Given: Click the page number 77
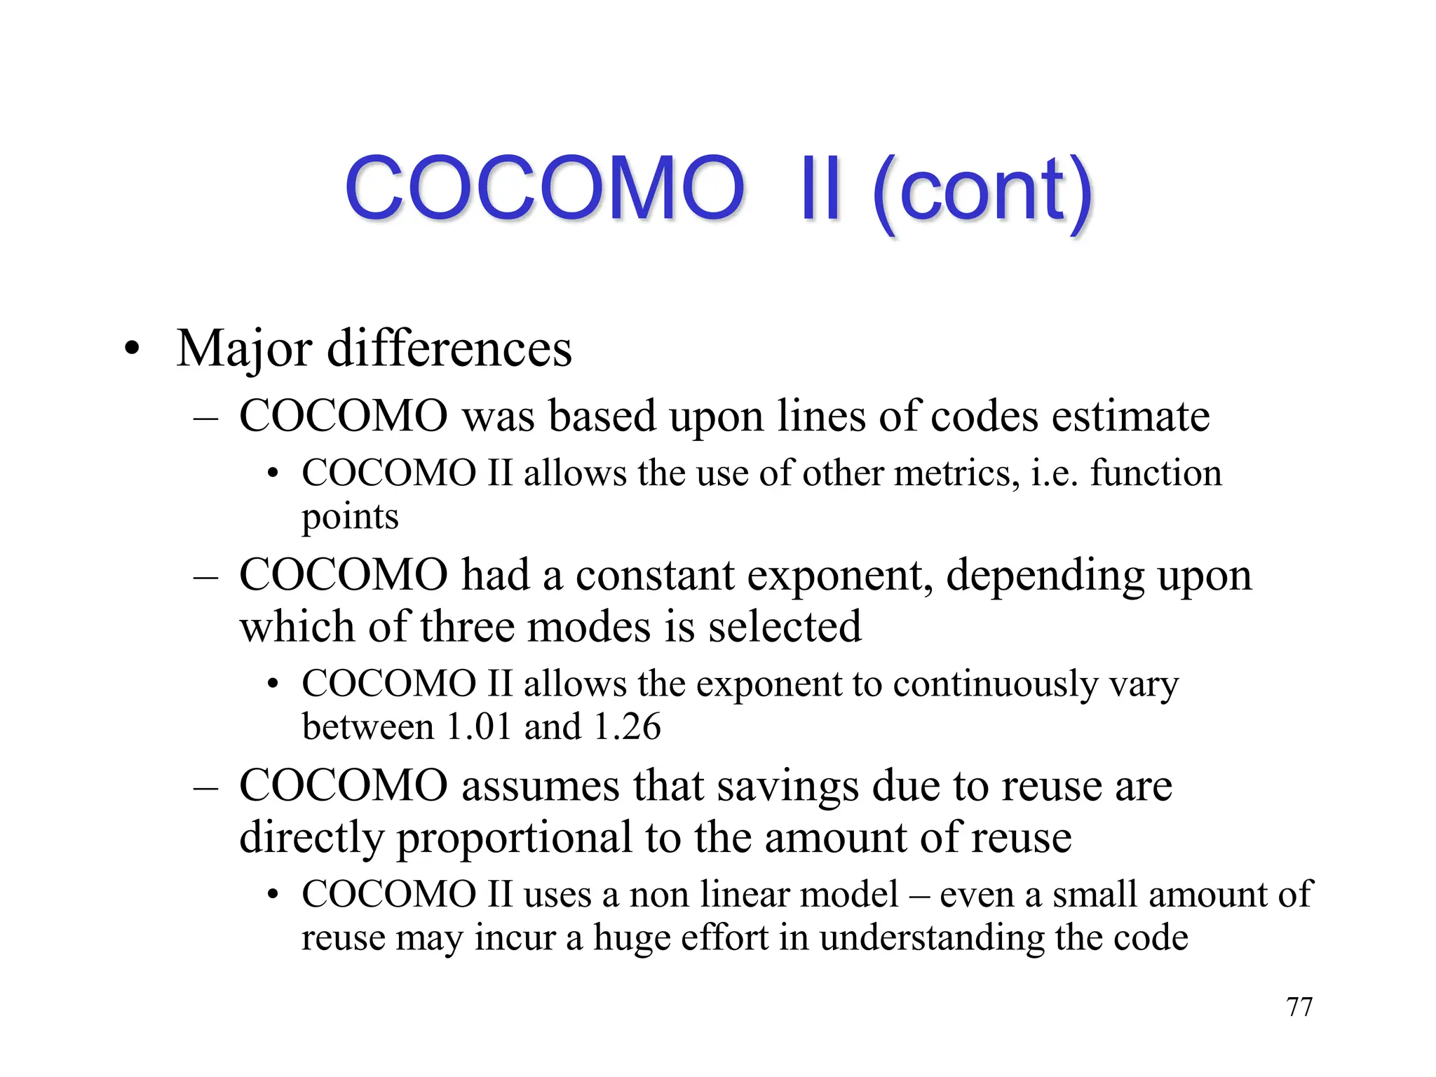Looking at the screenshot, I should pos(1299,1007).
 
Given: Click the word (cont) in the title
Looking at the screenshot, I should pos(982,190).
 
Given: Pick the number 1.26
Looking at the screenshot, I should pos(627,726).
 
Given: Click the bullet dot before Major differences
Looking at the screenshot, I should pos(132,348).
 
